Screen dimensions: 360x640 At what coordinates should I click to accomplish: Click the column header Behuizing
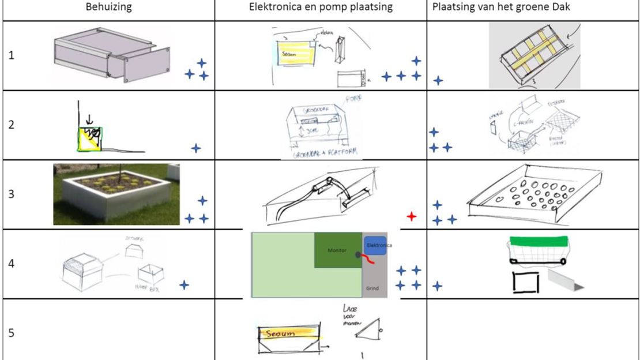(108, 7)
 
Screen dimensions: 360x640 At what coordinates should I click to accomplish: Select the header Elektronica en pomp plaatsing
(321, 7)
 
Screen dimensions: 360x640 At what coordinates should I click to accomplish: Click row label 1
(12, 56)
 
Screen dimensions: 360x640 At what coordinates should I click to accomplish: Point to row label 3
(12, 194)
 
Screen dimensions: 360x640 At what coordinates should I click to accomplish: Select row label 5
(12, 333)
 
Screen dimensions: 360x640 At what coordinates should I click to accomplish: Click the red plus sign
(411, 217)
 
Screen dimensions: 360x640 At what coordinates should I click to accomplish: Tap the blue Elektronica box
(375, 246)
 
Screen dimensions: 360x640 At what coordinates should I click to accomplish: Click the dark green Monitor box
(337, 250)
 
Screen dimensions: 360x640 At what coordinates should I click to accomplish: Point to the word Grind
(372, 288)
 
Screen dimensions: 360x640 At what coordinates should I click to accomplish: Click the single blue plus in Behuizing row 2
(196, 148)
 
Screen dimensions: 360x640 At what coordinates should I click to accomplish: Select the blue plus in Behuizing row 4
(184, 284)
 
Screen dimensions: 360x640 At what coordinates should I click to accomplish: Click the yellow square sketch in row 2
(90, 138)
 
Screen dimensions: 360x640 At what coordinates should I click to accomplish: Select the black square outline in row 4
(525, 283)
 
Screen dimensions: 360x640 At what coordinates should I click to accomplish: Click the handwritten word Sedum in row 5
(280, 333)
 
